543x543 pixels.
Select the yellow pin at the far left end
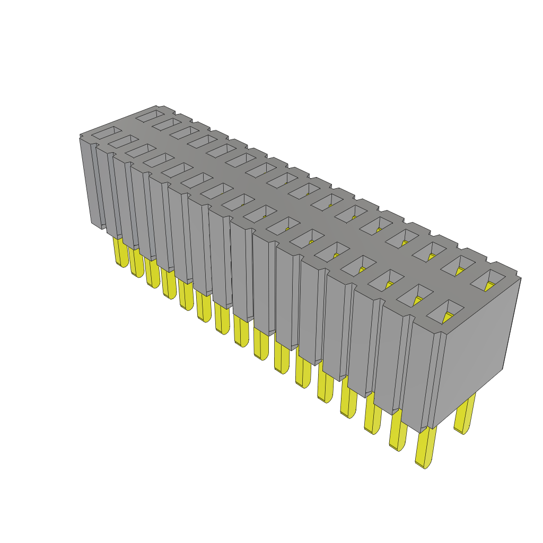click(x=121, y=251)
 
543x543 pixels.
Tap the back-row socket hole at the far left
click(x=150, y=114)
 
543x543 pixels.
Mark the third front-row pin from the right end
click(x=373, y=413)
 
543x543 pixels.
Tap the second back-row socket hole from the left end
click(x=167, y=123)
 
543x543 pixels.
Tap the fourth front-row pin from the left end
click(x=169, y=284)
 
